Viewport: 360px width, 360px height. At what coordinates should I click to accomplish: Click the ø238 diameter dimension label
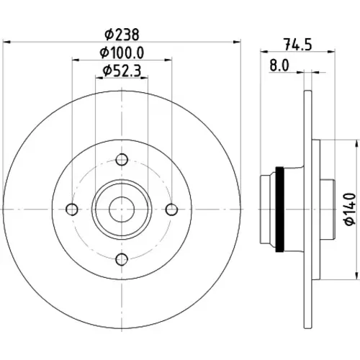[122, 35]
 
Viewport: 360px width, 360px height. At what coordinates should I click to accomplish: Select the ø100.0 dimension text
[122, 53]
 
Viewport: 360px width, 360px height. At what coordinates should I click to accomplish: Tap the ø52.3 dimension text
[122, 71]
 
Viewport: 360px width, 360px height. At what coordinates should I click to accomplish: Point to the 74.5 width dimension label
[298, 45]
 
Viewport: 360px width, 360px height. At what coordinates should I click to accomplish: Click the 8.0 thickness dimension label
[279, 66]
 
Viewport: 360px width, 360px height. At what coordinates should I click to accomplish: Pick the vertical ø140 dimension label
[350, 210]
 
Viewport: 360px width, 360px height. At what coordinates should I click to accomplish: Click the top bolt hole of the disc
[122, 160]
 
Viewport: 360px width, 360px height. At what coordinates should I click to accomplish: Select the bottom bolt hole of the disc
[122, 259]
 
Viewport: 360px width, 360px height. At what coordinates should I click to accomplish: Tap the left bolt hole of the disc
[72, 210]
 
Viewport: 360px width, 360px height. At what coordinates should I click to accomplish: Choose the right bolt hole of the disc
[171, 210]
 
